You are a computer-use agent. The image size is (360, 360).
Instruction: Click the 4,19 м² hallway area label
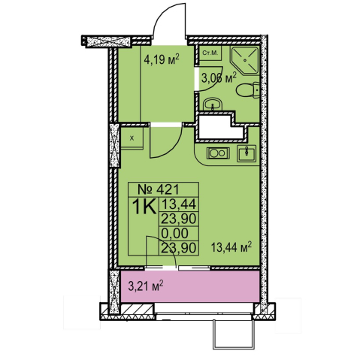162,59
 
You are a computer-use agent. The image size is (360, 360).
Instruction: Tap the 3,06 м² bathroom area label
219,78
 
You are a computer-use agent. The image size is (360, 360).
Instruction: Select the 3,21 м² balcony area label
146,286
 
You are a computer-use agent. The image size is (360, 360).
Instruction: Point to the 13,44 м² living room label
231,247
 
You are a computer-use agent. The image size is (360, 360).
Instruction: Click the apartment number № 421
159,189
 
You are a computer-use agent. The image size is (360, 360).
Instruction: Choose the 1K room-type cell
144,207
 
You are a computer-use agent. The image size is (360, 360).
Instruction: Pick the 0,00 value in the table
175,233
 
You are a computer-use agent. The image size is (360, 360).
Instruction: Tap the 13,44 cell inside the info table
178,204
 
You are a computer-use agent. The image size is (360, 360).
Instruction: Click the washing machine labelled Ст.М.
210,53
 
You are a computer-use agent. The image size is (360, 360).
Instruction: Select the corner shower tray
244,59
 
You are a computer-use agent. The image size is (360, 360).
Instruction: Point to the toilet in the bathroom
248,90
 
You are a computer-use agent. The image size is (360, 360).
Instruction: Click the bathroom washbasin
213,104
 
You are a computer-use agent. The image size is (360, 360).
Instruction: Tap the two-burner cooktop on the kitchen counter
218,153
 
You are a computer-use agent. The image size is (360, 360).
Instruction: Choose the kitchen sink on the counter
247,153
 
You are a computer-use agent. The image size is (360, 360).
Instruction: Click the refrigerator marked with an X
132,138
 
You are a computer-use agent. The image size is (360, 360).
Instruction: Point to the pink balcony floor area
190,286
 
